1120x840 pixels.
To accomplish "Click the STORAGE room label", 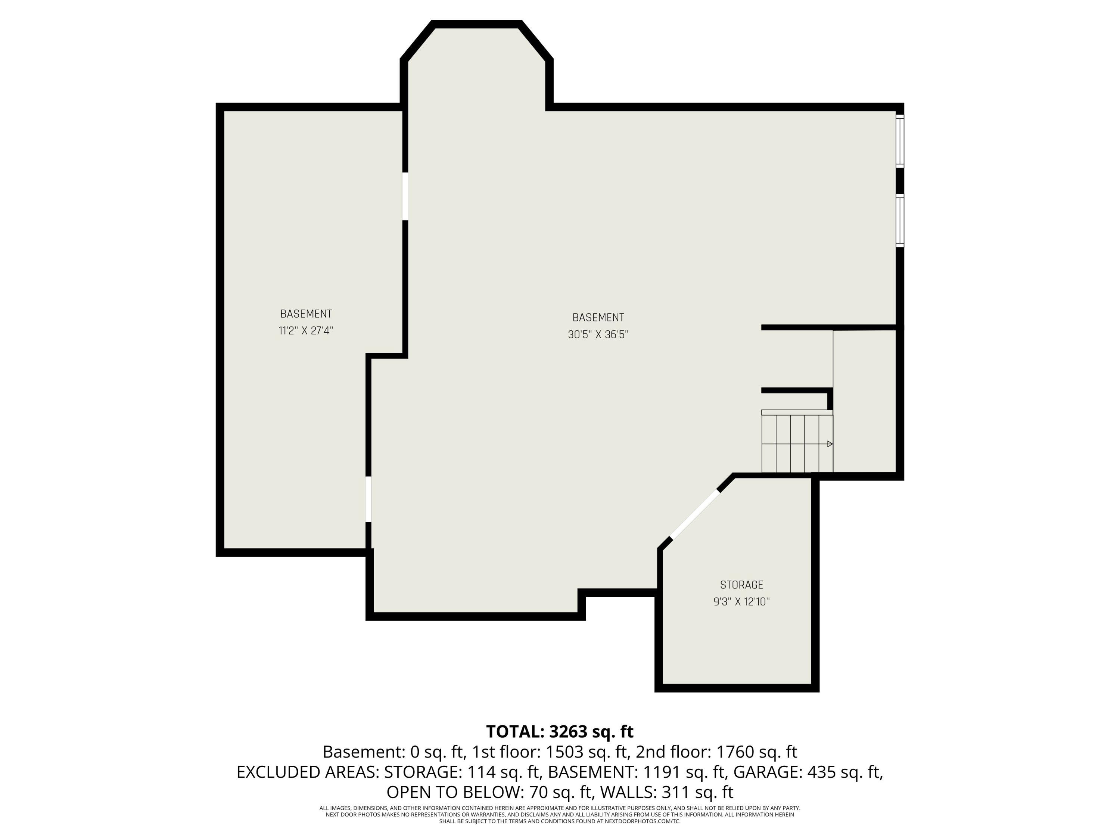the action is point(741,585).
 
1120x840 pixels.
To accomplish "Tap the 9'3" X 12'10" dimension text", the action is point(741,601).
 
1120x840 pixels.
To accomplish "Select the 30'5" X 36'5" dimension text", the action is point(598,335).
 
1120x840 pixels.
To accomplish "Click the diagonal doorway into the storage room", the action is point(695,514).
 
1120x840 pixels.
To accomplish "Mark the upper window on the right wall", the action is point(900,141).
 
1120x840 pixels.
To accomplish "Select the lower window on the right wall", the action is point(900,221).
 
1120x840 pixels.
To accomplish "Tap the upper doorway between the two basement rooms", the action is point(405,196).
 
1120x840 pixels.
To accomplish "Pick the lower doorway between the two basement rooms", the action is point(368,499).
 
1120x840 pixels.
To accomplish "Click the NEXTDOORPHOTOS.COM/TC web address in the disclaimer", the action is point(643,821).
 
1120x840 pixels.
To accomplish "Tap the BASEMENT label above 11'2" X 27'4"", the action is point(306,314).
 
